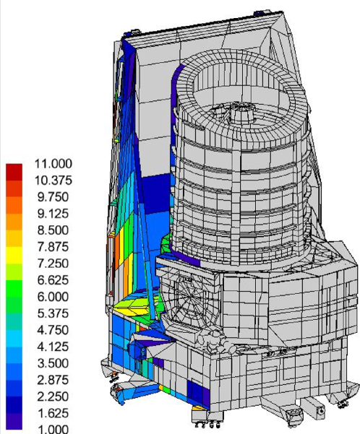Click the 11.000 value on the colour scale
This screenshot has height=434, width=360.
[x=53, y=164]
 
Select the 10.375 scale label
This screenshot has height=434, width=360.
[x=53, y=181]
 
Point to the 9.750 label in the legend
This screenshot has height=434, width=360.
[x=53, y=197]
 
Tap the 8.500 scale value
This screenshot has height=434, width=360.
[x=53, y=230]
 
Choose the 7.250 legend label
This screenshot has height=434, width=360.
[x=53, y=264]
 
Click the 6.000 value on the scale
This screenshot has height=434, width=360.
[x=53, y=297]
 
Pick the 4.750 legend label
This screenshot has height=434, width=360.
[x=53, y=329]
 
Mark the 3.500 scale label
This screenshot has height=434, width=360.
[x=53, y=363]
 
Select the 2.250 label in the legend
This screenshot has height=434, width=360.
[x=53, y=396]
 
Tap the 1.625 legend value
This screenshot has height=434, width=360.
[x=53, y=412]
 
